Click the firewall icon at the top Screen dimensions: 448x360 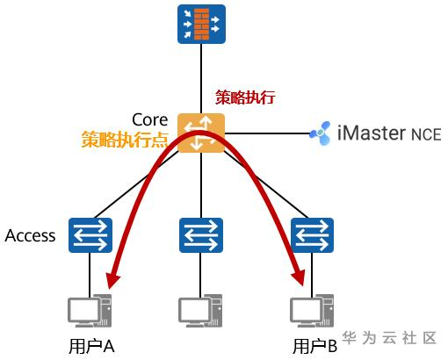tap(201, 25)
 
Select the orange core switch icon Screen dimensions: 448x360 tap(201, 133)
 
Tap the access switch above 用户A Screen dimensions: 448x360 tap(90, 235)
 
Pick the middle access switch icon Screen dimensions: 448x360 tap(201, 235)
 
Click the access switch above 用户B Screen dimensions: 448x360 tap(312, 235)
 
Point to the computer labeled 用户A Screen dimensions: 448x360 tap(90, 311)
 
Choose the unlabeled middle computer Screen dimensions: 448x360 tap(200, 311)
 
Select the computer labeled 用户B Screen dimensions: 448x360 tap(312, 311)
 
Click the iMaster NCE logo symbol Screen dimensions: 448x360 tap(321, 133)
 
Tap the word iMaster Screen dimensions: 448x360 tap(372, 133)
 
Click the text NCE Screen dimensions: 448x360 tap(426, 134)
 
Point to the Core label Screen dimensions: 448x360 tap(150, 119)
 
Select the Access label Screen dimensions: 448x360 tap(30, 235)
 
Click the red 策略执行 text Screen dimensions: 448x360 tap(245, 97)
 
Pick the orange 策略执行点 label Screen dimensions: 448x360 tap(125, 140)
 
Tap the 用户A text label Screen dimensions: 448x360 tap(91, 347)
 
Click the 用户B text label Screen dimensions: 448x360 tap(315, 347)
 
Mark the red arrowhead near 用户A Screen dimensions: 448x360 tap(112, 280)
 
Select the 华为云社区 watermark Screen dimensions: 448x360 tap(389, 338)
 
